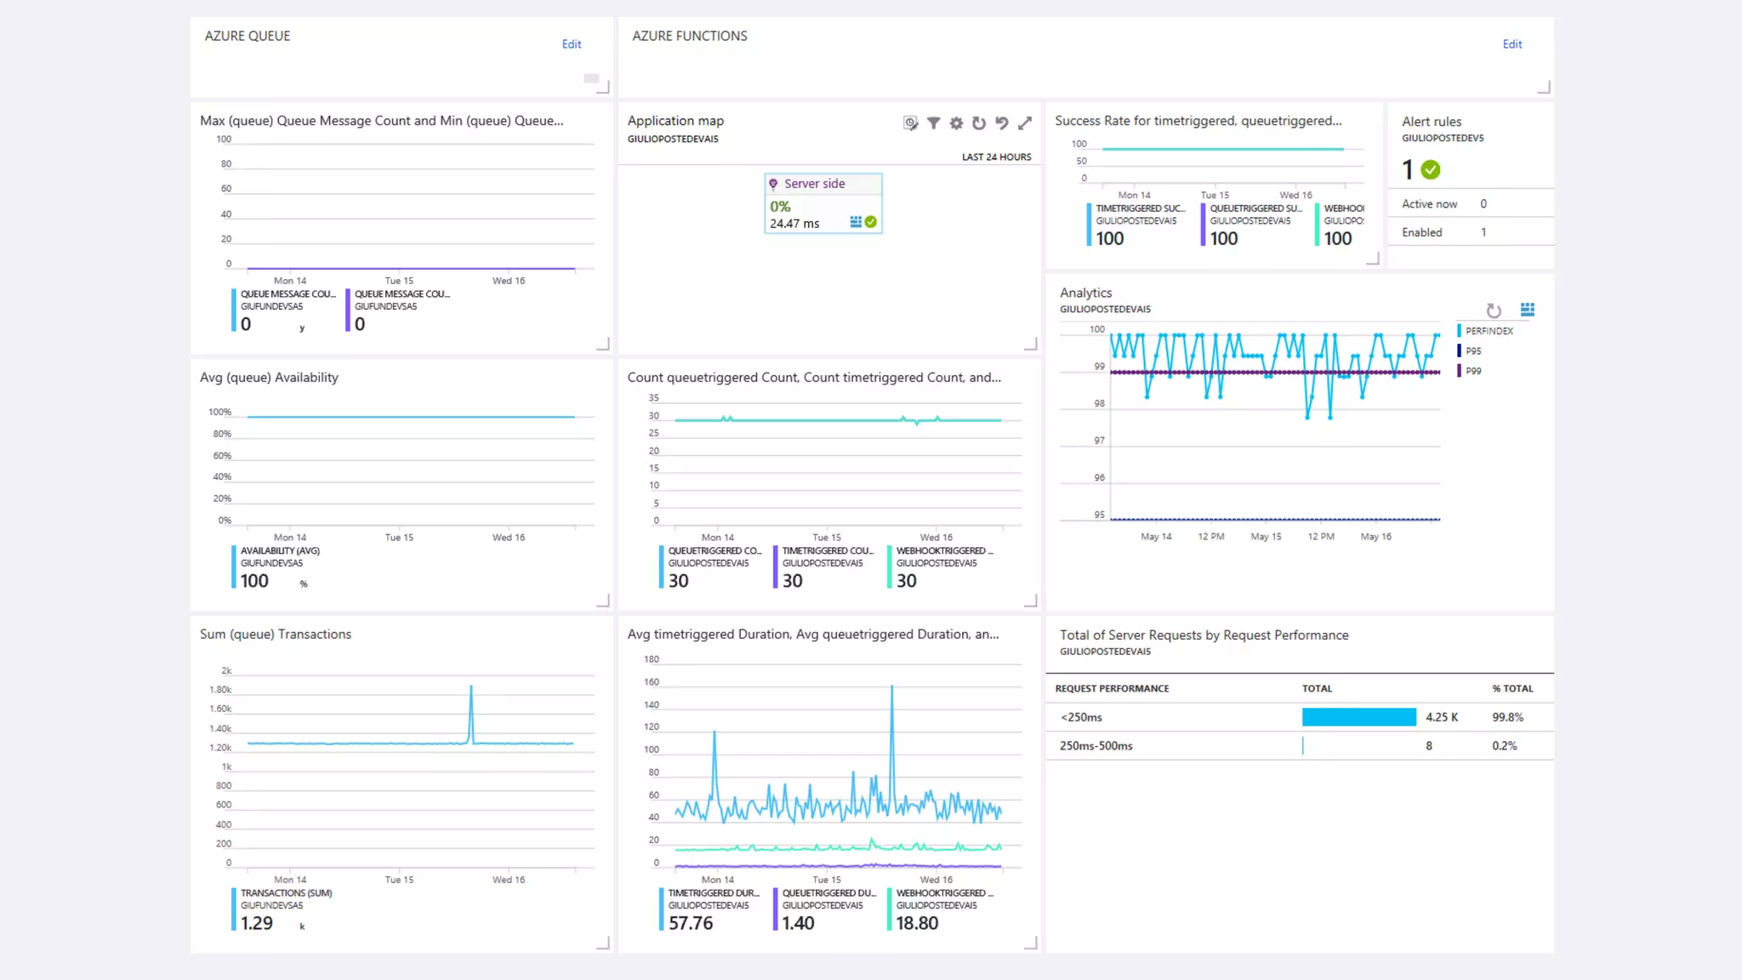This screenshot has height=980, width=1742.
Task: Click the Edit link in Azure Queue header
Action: [571, 44]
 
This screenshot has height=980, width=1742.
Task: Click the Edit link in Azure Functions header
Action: [1511, 44]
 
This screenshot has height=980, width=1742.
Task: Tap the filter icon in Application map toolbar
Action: [933, 123]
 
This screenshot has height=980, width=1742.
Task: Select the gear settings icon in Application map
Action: [956, 123]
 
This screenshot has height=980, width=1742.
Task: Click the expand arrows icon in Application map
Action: [1025, 123]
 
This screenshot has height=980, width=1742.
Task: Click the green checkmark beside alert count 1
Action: [1431, 170]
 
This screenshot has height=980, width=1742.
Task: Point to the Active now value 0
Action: [1483, 204]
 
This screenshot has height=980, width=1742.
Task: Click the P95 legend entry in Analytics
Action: [1472, 350]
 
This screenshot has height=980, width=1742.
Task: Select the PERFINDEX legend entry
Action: [1489, 331]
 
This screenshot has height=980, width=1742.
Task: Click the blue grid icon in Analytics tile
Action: [1527, 310]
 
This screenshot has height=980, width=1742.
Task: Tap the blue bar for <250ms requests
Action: [1358, 717]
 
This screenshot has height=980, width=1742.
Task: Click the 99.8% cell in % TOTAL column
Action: [1507, 717]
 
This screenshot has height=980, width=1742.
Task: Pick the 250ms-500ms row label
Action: [1096, 746]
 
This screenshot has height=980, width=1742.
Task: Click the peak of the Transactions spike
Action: [471, 687]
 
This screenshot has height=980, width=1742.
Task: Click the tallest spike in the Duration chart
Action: [891, 687]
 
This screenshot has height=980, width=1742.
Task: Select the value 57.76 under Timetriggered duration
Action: [690, 923]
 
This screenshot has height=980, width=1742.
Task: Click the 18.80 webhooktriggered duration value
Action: [917, 923]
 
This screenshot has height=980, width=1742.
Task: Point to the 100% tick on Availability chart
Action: [219, 413]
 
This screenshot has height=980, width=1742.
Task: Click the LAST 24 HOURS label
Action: [996, 157]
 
